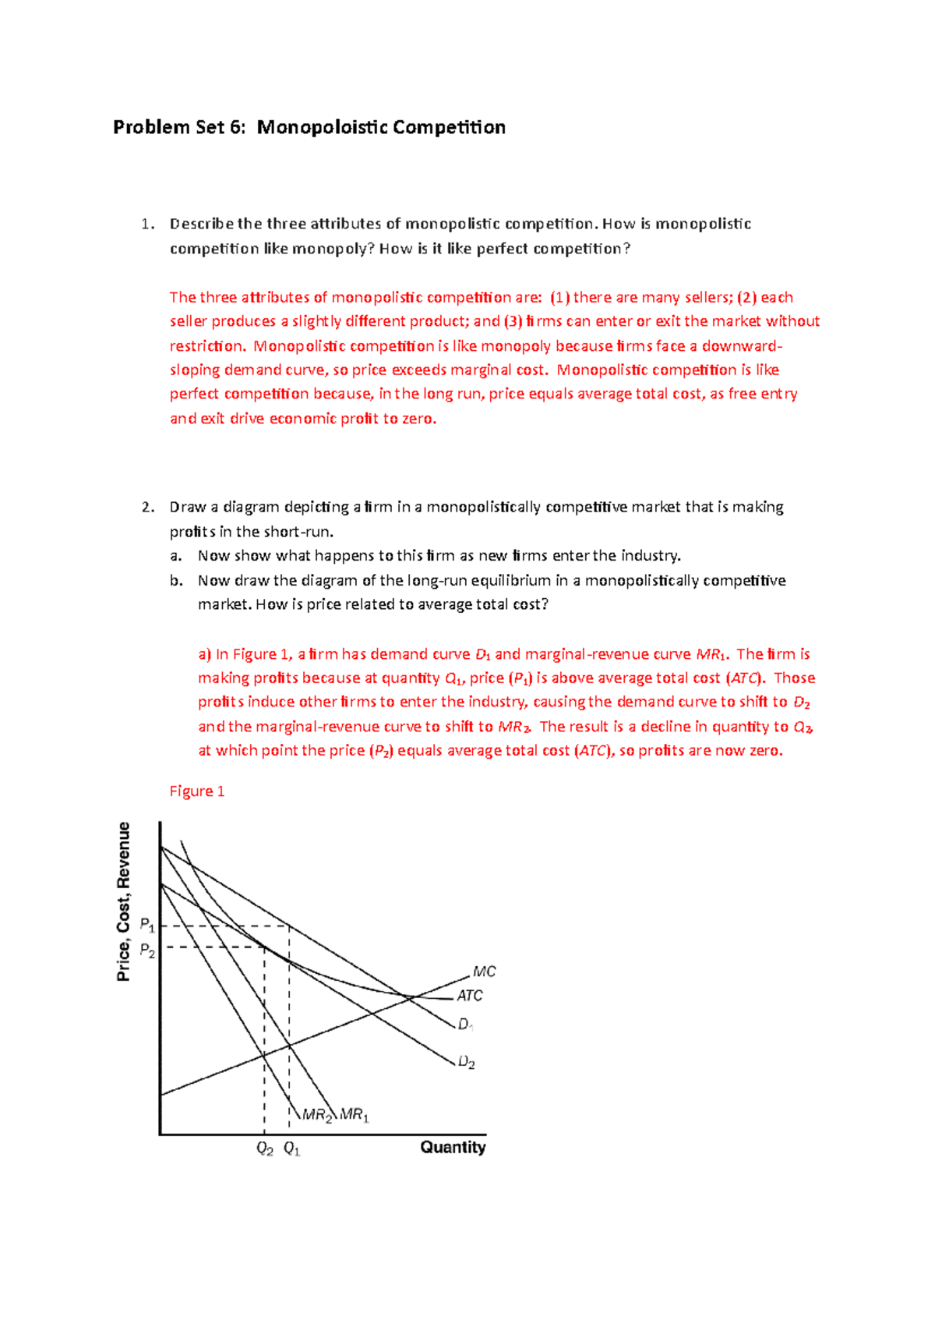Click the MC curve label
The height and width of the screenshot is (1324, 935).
484,972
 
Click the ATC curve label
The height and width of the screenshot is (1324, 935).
469,996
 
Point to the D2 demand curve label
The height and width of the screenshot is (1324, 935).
467,1062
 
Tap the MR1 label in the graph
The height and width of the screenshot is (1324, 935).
354,1115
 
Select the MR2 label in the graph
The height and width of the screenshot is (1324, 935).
317,1115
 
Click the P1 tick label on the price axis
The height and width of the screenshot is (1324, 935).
147,925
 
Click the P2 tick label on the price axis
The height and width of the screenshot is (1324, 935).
147,950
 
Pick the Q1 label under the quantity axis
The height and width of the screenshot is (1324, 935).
291,1149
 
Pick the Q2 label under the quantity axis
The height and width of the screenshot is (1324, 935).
265,1149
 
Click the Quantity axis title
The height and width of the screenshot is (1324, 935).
453,1147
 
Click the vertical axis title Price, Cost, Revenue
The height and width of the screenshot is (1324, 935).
124,901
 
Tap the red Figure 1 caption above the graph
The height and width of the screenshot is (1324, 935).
197,791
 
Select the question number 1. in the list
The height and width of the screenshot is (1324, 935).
147,225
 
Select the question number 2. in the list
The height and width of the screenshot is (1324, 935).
148,508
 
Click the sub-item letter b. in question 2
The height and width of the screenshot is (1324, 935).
176,580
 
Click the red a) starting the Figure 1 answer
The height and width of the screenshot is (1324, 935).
205,654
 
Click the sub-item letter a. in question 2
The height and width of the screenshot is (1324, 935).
176,556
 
